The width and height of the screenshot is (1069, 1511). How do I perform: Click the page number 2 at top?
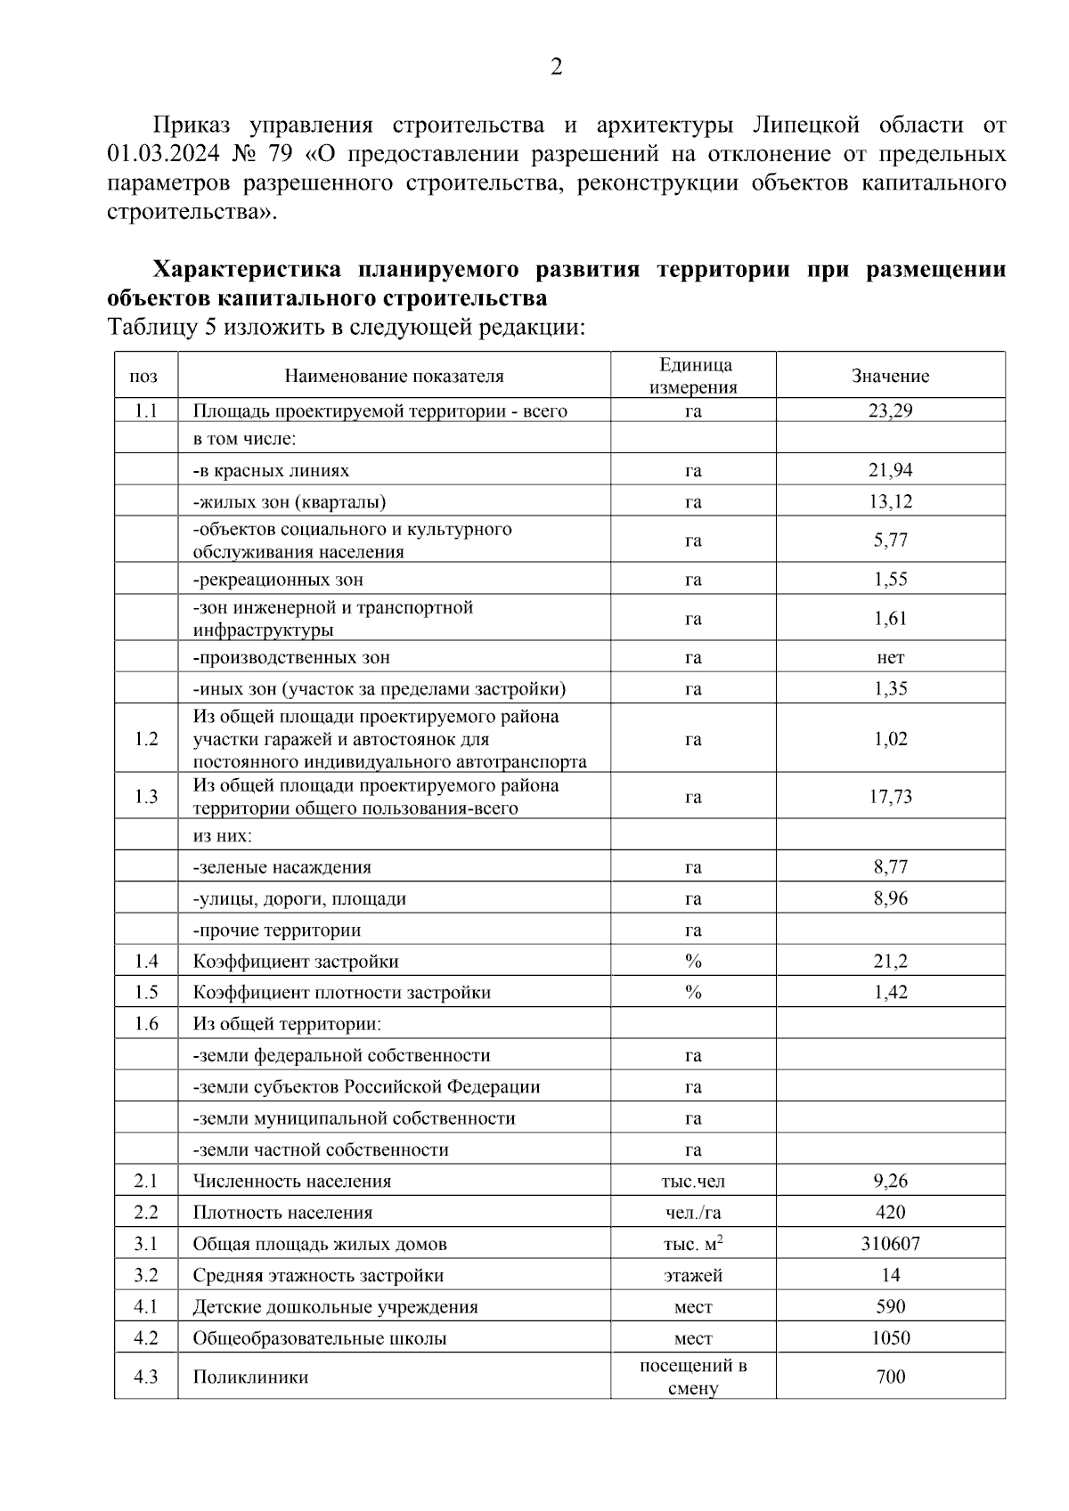pos(557,68)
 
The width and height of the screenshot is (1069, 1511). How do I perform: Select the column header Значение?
pos(890,376)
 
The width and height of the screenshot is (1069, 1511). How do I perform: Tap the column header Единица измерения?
pos(693,376)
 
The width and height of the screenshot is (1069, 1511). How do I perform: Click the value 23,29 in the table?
pos(890,410)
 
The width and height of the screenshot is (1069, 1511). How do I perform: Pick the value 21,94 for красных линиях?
pos(890,470)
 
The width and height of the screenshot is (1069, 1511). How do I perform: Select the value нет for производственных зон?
pos(890,658)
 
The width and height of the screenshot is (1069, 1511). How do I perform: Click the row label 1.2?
pos(146,739)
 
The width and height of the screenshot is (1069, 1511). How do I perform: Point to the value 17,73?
pos(890,797)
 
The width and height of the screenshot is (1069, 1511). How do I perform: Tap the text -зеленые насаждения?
pos(282,867)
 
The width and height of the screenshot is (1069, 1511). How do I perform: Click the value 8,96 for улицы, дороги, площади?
pos(890,898)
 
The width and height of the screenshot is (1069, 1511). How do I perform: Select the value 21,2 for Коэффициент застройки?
pos(890,962)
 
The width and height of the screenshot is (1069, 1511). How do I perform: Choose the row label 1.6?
pos(146,1024)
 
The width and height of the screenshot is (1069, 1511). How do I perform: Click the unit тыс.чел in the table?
pos(693,1182)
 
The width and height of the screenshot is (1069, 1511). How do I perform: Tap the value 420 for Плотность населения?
pos(890,1213)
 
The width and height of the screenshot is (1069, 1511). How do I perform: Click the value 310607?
pos(890,1244)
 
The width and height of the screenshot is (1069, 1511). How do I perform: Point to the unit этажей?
pos(693,1276)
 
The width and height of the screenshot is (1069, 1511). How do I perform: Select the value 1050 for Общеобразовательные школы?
pos(890,1338)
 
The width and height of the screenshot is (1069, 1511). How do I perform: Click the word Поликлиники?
pos(250,1377)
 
